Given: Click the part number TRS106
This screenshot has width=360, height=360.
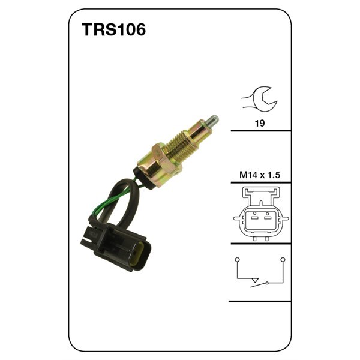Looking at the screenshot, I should (x=113, y=31).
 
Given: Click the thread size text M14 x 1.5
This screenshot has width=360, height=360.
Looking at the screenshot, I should (x=260, y=175).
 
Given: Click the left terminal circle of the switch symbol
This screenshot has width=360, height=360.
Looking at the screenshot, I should (x=237, y=259).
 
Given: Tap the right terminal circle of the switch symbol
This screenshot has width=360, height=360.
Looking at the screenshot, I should (x=283, y=259).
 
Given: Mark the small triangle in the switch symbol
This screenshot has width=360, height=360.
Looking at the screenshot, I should (x=256, y=281).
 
